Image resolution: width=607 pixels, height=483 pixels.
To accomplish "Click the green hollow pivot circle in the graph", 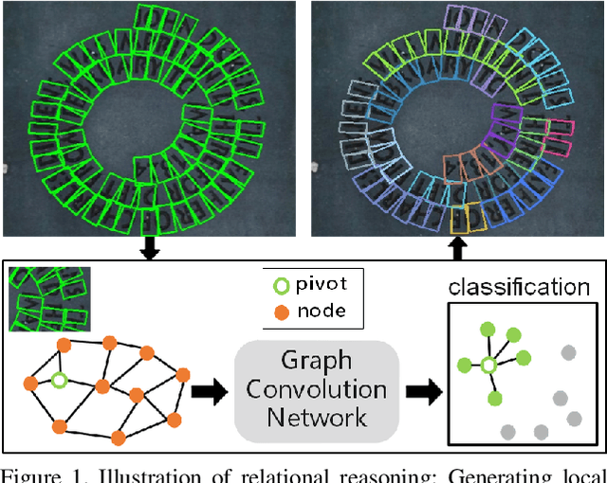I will pyautogui.click(x=58, y=381).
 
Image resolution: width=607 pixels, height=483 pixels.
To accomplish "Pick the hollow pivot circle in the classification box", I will pyautogui.click(x=488, y=366).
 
